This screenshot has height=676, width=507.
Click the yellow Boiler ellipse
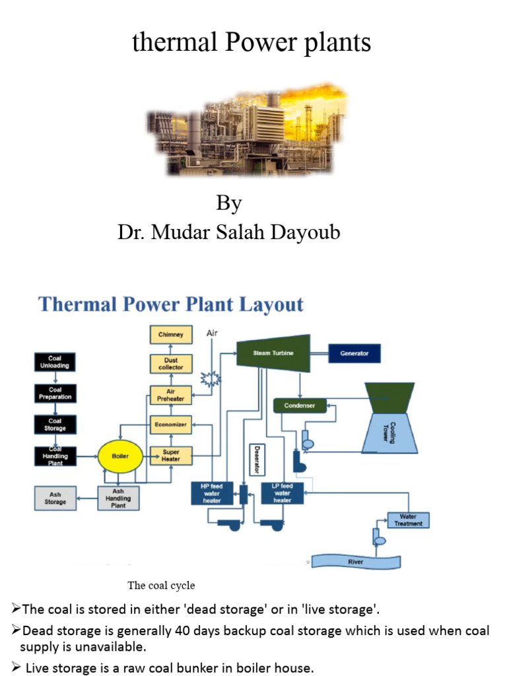click(120, 456)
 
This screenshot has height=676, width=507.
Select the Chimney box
click(170, 335)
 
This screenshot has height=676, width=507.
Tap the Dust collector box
click(170, 364)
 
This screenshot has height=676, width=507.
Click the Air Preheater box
click(170, 395)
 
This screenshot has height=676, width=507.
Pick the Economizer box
click(170, 425)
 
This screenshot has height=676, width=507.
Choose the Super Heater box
click(170, 456)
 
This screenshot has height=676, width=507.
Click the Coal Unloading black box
click(55, 362)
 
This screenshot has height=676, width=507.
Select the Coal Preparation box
click(55, 393)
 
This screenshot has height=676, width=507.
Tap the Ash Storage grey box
click(55, 498)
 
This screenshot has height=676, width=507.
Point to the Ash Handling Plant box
click(118, 498)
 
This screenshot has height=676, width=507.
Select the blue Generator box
click(354, 353)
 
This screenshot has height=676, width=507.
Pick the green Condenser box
click(300, 405)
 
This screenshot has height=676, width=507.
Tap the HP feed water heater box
click(212, 492)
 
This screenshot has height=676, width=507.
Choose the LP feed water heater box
click(282, 492)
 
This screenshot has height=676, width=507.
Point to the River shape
click(356, 562)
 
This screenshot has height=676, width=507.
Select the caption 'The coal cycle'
click(161, 586)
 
